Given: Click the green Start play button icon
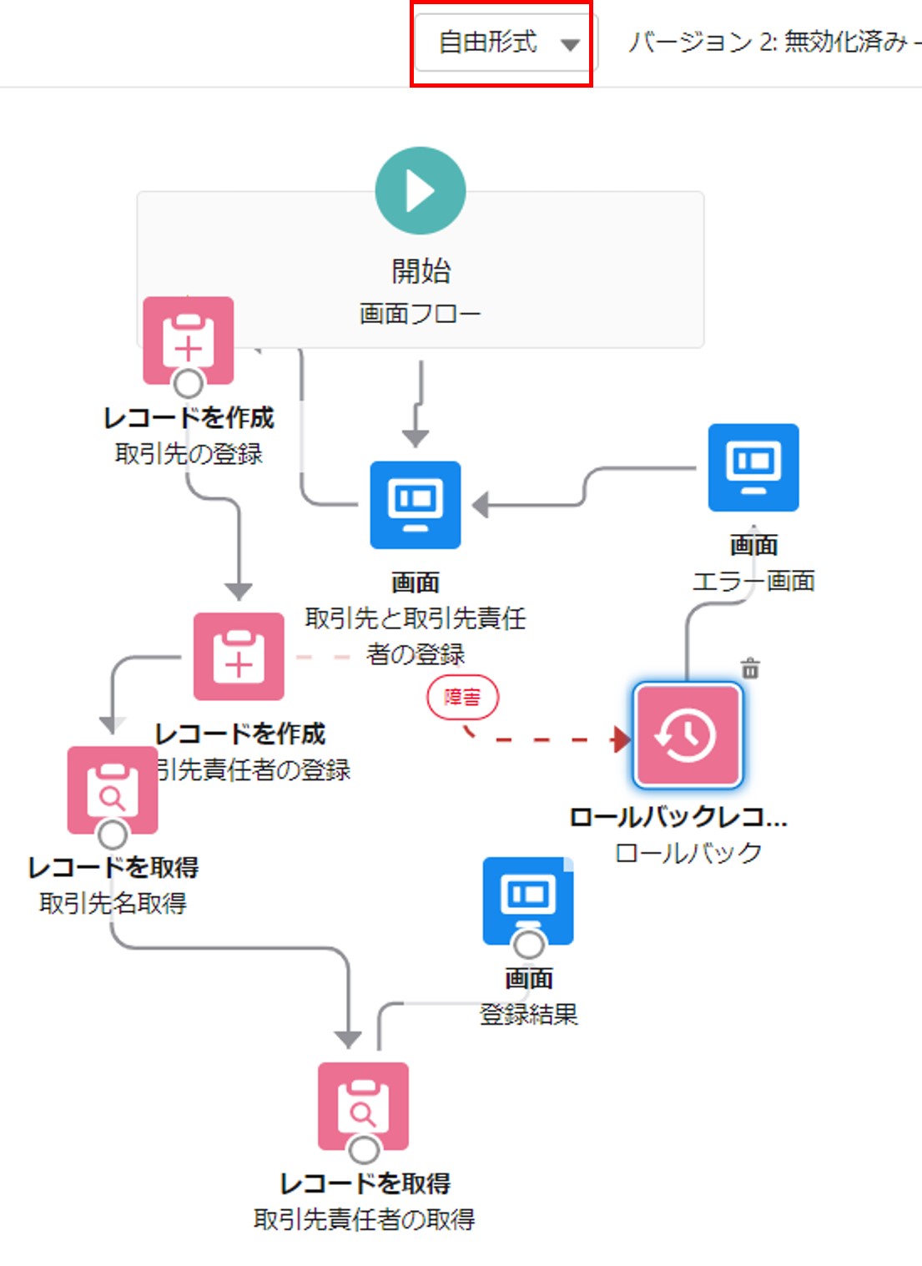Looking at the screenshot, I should [x=421, y=191].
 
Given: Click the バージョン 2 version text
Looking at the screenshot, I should [x=768, y=42].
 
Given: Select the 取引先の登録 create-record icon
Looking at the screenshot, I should [x=189, y=340].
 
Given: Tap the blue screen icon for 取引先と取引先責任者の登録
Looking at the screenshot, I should [x=416, y=505].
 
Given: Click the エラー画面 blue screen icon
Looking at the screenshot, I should [x=753, y=467].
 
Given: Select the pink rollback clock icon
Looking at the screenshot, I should [x=688, y=735].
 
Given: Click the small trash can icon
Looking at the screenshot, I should [x=751, y=668].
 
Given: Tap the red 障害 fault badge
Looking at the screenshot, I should [x=462, y=698].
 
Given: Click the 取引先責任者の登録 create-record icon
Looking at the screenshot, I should [x=239, y=657].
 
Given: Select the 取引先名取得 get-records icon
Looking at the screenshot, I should [x=113, y=790].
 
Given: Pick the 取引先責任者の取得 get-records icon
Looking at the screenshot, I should [x=364, y=1106].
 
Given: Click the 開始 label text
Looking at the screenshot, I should [x=421, y=271].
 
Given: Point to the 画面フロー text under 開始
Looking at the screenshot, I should [x=421, y=314].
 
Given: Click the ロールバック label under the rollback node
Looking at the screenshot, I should [x=688, y=853].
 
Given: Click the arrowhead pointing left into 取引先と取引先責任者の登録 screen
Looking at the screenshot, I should [x=481, y=505].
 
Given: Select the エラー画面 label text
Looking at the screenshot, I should [x=753, y=581].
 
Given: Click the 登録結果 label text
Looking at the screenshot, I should [x=529, y=1015].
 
